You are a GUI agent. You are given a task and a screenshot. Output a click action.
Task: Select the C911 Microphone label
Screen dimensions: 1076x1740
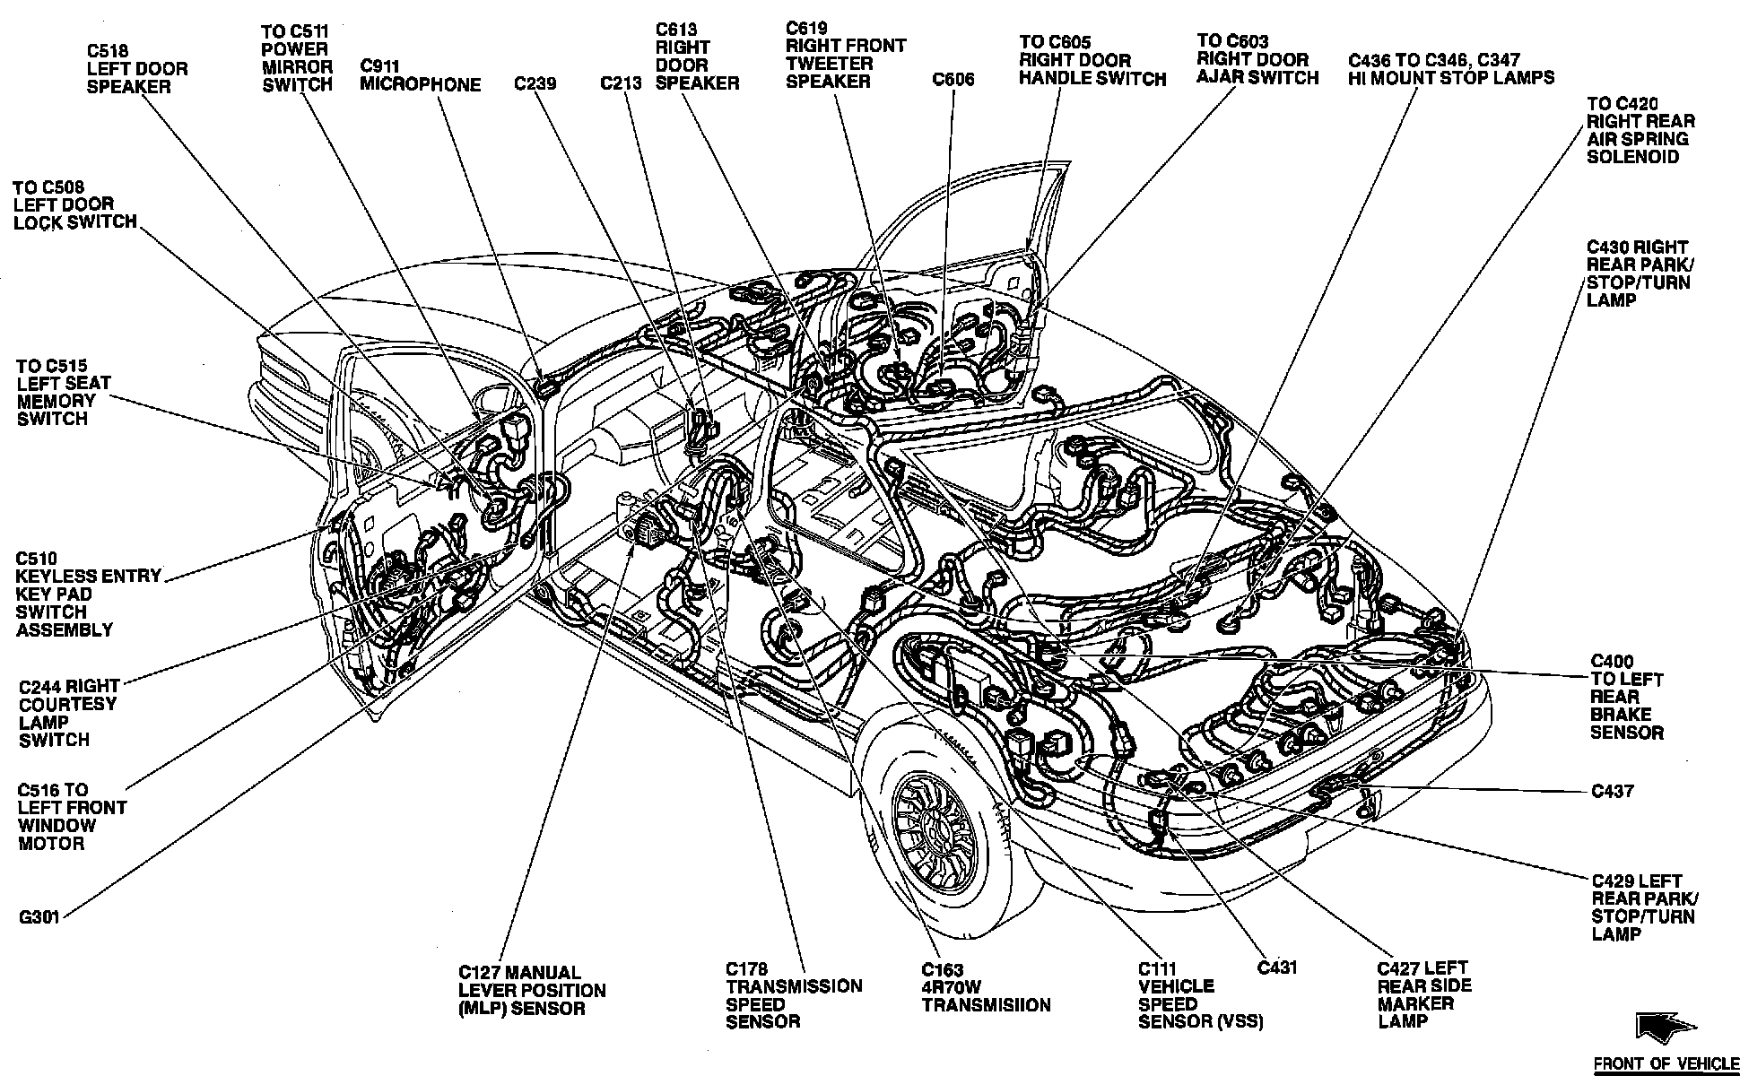[420, 76]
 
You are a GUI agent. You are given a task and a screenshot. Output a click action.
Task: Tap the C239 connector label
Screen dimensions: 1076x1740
[535, 83]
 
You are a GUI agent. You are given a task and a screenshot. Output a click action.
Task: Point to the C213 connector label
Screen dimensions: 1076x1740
[621, 83]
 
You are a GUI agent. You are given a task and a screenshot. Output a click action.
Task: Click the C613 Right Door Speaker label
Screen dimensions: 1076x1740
[697, 56]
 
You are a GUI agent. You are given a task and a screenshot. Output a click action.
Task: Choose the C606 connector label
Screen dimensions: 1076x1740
[953, 79]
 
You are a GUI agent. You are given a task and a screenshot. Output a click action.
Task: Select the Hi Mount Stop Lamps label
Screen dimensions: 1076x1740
[1450, 69]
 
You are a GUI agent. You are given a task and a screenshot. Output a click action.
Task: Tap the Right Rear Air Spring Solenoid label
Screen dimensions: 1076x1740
[1640, 130]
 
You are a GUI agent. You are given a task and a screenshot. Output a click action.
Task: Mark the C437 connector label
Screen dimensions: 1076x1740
[1612, 791]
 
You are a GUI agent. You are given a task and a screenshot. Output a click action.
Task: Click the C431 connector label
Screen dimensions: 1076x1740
[1277, 968]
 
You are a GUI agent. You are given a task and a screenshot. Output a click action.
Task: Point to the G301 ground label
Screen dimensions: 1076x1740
[39, 918]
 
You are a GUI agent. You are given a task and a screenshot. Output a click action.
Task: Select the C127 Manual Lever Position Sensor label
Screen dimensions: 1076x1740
[532, 990]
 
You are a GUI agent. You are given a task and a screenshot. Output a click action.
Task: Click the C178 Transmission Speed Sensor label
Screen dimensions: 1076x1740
[793, 995]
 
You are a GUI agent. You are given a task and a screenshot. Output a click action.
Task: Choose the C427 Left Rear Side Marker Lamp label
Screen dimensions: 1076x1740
[1424, 994]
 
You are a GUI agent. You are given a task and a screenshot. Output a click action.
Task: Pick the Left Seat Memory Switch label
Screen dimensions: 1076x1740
[63, 393]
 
